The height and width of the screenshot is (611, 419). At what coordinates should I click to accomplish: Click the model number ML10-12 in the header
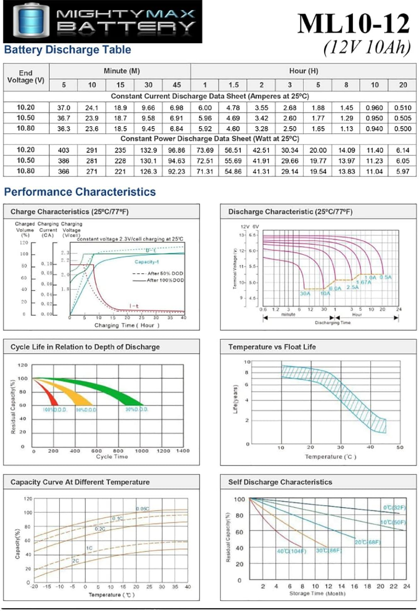(x=353, y=24)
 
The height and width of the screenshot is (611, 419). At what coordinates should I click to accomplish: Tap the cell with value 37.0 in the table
(x=63, y=108)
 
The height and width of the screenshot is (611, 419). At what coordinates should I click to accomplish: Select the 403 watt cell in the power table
(x=63, y=150)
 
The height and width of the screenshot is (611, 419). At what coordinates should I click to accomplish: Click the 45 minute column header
(x=177, y=85)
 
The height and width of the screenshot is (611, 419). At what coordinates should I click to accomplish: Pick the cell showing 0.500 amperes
(x=403, y=129)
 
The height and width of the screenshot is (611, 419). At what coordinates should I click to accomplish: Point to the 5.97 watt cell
(x=403, y=171)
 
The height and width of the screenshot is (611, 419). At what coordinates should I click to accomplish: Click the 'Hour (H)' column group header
(x=303, y=71)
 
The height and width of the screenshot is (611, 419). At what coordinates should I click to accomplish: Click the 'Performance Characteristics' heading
(x=80, y=192)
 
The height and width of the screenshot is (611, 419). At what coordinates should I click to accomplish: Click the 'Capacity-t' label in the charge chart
(x=146, y=262)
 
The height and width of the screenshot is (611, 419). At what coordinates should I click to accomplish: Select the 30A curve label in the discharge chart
(x=305, y=293)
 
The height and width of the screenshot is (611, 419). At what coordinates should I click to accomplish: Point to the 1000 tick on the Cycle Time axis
(x=141, y=451)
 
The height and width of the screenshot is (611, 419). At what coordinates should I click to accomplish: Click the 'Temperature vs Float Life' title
(x=272, y=347)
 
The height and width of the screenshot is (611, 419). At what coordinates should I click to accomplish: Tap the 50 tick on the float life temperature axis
(x=400, y=447)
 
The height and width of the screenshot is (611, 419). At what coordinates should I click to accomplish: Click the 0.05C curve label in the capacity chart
(x=142, y=508)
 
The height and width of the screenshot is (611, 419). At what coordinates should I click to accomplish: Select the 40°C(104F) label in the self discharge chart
(x=291, y=551)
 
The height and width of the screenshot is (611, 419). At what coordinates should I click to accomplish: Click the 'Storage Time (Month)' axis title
(x=317, y=594)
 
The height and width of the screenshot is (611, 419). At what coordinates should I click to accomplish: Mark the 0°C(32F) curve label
(x=394, y=508)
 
